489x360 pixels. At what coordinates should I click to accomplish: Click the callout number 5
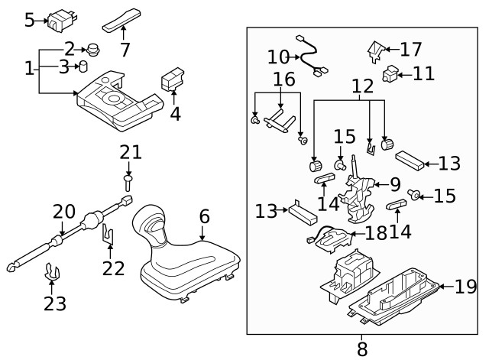point(29,21)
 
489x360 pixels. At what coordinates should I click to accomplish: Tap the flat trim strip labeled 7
point(121,20)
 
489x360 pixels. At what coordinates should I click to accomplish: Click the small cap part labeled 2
point(92,50)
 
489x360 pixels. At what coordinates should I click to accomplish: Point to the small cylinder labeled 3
point(83,66)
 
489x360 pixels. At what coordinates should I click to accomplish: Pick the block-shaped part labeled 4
point(173,79)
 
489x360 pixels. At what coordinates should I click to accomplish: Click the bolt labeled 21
point(128,183)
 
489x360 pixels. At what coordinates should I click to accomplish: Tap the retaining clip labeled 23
point(52,271)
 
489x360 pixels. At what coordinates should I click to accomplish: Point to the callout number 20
point(64,212)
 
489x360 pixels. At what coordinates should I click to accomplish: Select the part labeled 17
point(375,51)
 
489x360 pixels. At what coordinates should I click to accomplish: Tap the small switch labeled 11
point(390,73)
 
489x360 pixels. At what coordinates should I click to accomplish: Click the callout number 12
point(363,86)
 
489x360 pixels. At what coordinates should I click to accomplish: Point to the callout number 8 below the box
point(362,349)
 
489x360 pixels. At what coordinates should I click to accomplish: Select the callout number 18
point(376,233)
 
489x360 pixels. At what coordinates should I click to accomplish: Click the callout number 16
point(284,79)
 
